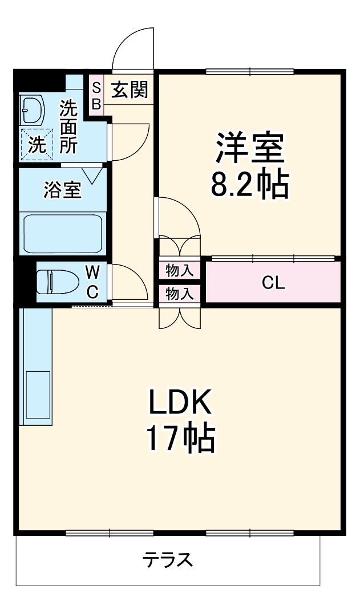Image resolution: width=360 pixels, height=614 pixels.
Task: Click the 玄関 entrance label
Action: [x=130, y=90]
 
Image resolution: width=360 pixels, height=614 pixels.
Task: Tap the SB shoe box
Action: [x=96, y=96]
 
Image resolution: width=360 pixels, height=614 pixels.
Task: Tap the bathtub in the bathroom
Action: [x=62, y=234]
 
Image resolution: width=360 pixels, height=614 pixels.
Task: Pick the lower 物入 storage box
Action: [x=180, y=293]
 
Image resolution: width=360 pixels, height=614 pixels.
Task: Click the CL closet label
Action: [x=273, y=283]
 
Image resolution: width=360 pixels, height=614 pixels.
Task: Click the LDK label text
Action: [x=181, y=403]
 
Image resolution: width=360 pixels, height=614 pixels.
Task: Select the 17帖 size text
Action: [x=181, y=438]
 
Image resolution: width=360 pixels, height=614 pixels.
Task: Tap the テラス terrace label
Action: [x=168, y=560]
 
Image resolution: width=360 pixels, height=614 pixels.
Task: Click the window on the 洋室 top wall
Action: [x=249, y=71]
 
